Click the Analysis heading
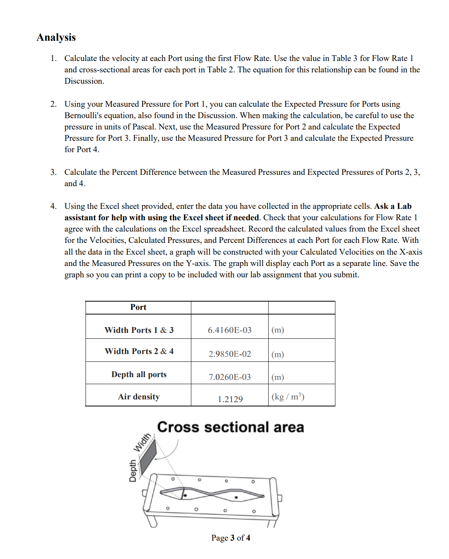click(x=56, y=37)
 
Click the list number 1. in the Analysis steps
click(x=53, y=58)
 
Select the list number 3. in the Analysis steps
click(x=53, y=172)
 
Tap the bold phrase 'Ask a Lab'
click(x=392, y=206)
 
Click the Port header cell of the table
click(x=138, y=307)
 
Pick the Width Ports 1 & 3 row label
click(x=139, y=330)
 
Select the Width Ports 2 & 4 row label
click(x=139, y=351)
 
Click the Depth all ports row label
click(x=139, y=374)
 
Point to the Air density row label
click(x=139, y=397)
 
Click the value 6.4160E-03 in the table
click(x=230, y=330)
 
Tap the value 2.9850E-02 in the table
click(x=230, y=354)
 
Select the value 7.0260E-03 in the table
click(x=230, y=377)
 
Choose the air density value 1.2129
click(x=230, y=399)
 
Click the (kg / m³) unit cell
click(x=288, y=397)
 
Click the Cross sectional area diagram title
click(x=230, y=427)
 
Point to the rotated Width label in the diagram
click(x=142, y=442)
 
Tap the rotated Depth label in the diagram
click(x=133, y=471)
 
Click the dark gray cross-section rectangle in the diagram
click(x=148, y=457)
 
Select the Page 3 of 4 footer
click(x=231, y=538)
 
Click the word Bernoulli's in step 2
click(x=84, y=115)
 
